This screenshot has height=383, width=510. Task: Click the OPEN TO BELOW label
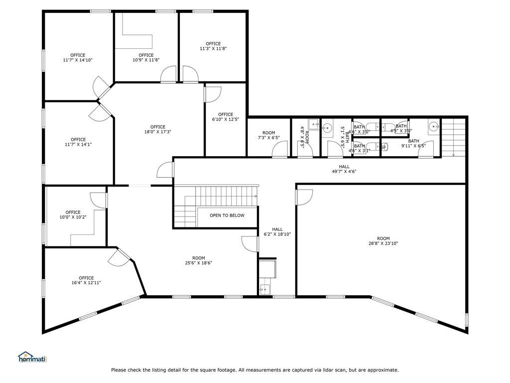(227, 215)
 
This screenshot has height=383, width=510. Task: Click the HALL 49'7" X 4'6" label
(344, 169)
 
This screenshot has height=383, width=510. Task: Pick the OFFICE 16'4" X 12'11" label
(86, 280)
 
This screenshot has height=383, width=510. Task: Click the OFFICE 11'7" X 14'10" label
(78, 58)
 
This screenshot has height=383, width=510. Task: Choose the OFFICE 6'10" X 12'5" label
(226, 117)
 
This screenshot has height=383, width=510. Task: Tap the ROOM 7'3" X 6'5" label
(268, 135)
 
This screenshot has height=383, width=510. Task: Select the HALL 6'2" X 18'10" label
(277, 232)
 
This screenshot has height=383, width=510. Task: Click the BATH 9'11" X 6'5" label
(413, 144)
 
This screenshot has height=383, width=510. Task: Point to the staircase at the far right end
(454, 137)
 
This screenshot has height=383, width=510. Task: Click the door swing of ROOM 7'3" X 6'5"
(280, 149)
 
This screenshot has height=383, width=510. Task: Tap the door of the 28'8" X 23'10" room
(303, 197)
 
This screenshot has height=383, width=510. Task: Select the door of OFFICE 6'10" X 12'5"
(213, 94)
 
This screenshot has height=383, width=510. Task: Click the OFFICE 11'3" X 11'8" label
(213, 46)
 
